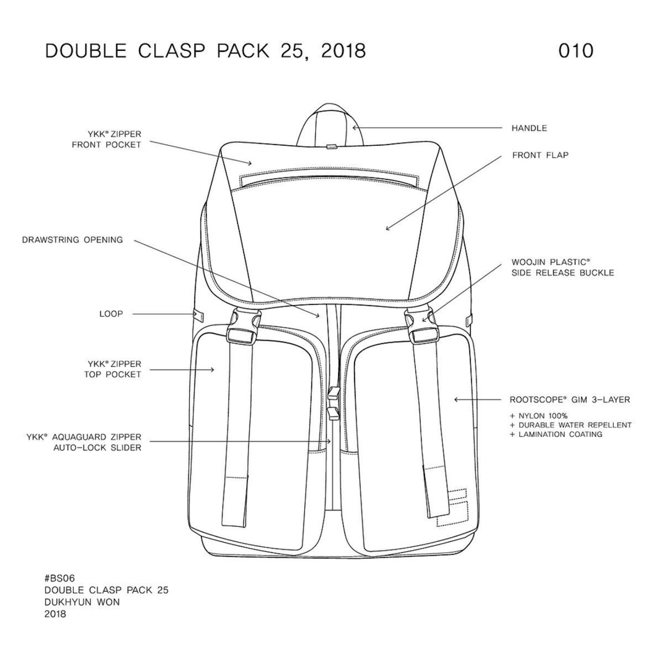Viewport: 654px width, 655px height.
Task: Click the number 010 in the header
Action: (575, 50)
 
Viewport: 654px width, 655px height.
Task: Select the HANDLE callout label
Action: (529, 128)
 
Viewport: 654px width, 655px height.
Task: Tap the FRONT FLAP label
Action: (540, 156)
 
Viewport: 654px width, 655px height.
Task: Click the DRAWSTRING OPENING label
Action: (73, 240)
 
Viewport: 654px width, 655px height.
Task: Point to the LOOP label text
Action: (111, 314)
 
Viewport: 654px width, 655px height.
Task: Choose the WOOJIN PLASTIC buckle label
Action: (562, 267)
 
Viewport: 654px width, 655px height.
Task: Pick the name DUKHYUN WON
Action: (82, 603)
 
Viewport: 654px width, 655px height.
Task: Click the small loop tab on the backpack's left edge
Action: (199, 315)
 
